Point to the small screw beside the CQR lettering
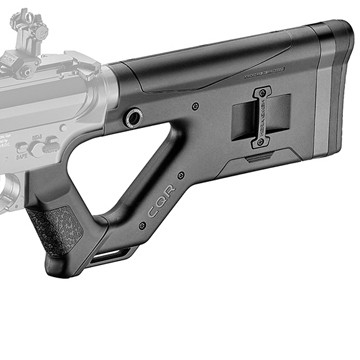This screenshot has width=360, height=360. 142,227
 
